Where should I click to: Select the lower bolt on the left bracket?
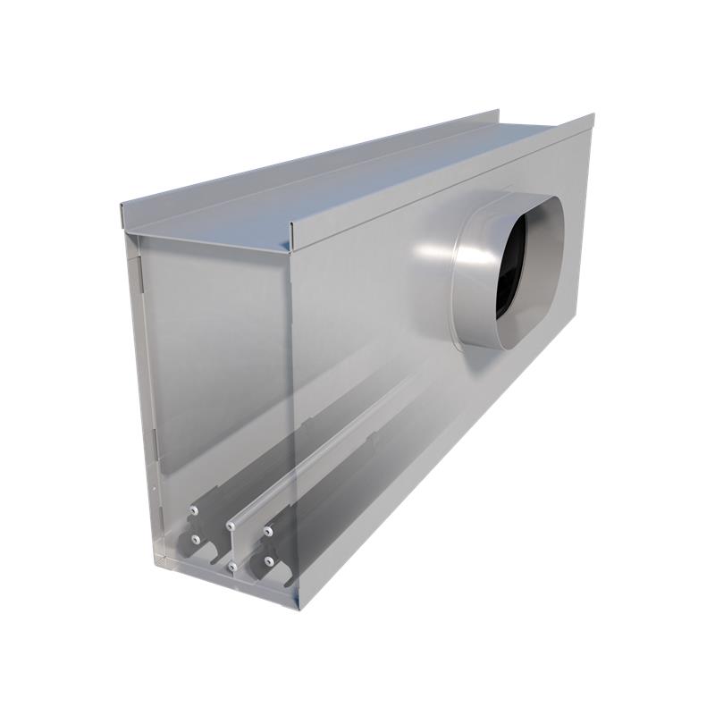coord(193,539)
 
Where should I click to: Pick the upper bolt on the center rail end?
coord(231,519)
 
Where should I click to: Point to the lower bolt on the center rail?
coord(231,567)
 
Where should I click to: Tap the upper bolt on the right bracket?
coord(267,533)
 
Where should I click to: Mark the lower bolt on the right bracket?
coord(267,560)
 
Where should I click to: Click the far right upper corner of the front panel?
coord(593,116)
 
